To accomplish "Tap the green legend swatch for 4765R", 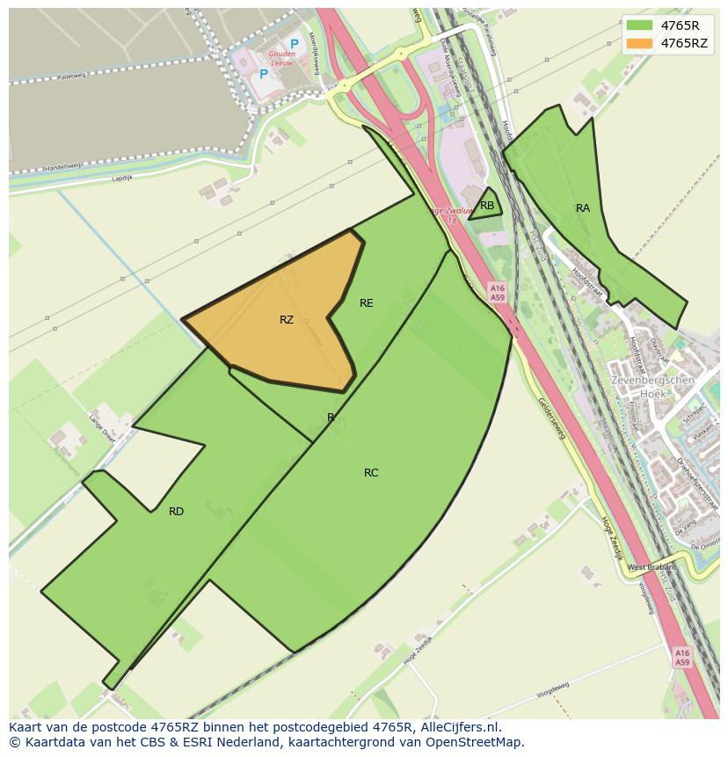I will point(639,25).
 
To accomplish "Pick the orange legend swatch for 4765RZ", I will point(639,43).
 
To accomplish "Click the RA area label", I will point(583,208).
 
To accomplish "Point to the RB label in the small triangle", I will point(487,206).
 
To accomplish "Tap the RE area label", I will point(367,303).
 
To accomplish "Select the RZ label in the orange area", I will point(287,320).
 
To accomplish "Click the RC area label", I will point(371,473).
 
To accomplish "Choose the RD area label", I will point(176,512).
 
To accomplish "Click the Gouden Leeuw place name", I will point(281,58).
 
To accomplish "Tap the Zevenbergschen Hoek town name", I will point(652,387).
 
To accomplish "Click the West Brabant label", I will point(652,567).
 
